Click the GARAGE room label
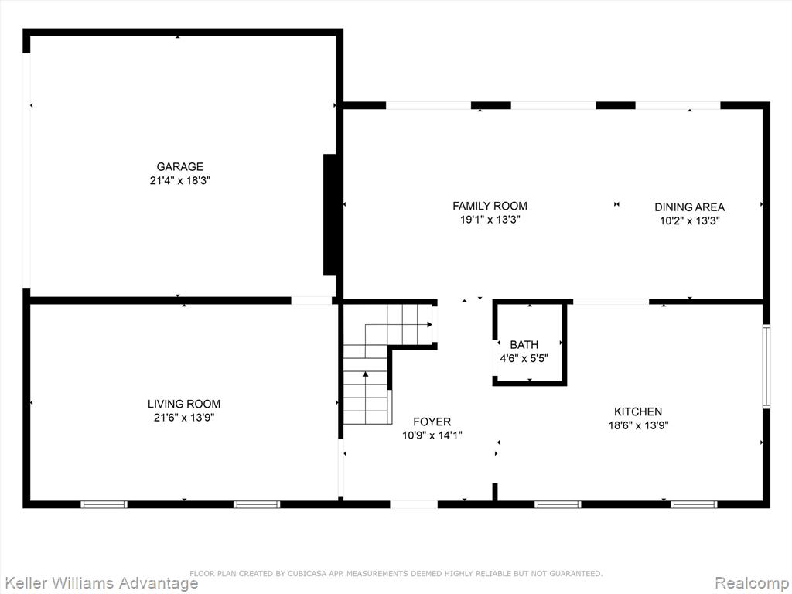point(179,167)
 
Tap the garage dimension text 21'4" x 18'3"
point(179,180)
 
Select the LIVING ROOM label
point(184,404)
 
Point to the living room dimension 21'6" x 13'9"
point(184,418)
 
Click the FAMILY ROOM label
point(490,206)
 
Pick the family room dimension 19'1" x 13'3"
point(490,220)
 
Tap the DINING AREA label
point(689,207)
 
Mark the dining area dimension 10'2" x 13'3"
point(689,220)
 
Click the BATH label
point(524,345)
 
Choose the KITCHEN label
point(638,411)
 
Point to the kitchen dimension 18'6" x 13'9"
point(638,425)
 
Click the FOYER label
point(432,422)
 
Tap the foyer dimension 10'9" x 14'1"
point(432,435)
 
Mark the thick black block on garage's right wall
point(329,215)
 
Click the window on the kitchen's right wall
point(766,366)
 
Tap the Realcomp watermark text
point(752,582)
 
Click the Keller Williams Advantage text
point(100,582)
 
